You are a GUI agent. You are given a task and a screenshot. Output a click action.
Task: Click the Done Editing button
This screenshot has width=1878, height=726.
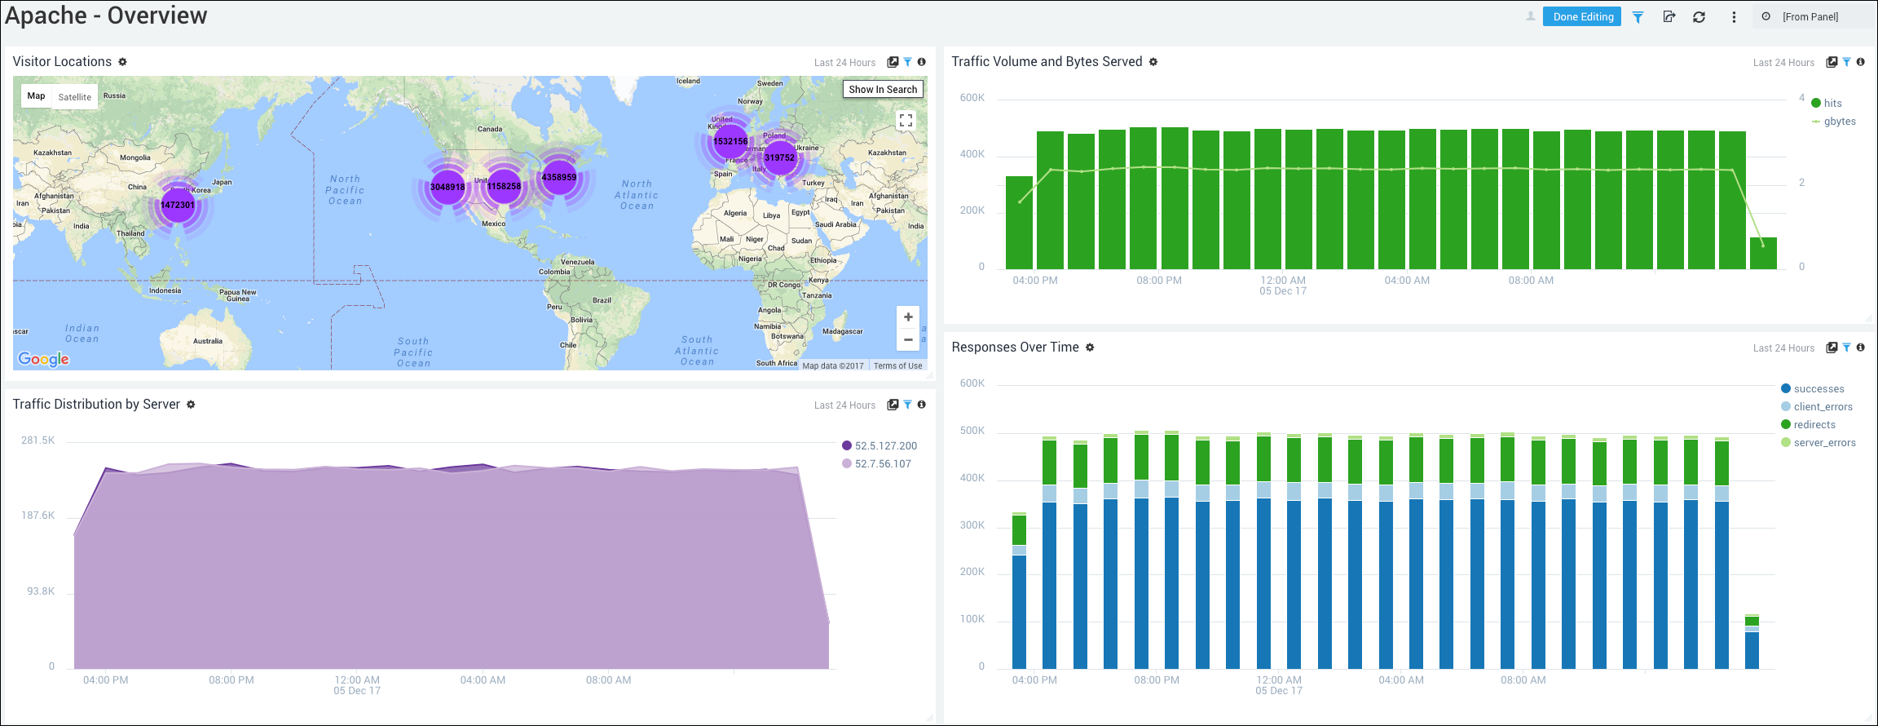[1582, 16]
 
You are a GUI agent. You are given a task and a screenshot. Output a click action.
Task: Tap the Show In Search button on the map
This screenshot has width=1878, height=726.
[883, 89]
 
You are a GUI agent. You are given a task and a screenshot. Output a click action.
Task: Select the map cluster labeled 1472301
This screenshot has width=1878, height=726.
[178, 205]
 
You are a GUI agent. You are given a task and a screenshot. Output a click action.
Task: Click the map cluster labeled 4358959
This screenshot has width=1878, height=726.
[559, 177]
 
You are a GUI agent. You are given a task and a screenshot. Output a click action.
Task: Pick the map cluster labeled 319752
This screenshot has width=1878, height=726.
[779, 157]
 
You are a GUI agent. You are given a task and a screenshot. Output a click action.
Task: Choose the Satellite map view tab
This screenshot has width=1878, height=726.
[74, 96]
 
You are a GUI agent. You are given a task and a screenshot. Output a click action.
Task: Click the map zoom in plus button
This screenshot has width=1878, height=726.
[908, 317]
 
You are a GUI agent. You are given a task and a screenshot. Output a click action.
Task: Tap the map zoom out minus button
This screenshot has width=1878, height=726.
[908, 339]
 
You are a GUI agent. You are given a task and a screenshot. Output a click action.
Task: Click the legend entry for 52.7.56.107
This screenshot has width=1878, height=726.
[882, 463]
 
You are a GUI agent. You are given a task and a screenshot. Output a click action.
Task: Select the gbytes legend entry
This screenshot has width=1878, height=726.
[1839, 122]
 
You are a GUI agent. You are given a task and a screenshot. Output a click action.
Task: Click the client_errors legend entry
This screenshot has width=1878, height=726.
[1823, 407]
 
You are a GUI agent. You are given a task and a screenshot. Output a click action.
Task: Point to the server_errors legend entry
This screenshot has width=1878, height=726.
[1824, 443]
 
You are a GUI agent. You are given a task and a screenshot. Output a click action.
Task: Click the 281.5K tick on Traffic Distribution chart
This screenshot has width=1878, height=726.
[38, 440]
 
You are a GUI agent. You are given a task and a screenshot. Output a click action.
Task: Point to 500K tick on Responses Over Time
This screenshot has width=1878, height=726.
[972, 431]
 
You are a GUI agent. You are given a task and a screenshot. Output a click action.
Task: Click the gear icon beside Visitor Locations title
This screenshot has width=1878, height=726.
[122, 62]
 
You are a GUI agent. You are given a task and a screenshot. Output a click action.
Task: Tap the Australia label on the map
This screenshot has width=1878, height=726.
[208, 341]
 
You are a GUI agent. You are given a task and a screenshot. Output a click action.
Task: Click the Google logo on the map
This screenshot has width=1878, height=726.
[44, 359]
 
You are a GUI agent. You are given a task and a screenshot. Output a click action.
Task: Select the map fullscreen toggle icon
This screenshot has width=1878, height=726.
[906, 121]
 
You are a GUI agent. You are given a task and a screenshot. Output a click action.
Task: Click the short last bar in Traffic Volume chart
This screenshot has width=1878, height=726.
[1763, 253]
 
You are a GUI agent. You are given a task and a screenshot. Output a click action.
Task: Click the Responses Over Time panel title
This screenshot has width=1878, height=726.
[1015, 348]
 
